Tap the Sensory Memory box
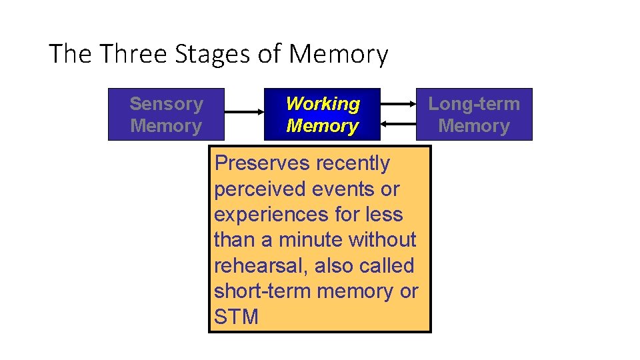tap(166, 115)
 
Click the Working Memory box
tap(322, 115)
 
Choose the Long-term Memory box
tap(474, 115)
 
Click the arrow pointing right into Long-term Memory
tap(398, 104)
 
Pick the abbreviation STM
tap(236, 317)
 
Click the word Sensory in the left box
tap(166, 104)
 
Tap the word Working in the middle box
tap(323, 104)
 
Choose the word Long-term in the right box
tap(474, 104)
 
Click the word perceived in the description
tap(262, 189)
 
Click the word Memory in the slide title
tap(338, 54)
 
